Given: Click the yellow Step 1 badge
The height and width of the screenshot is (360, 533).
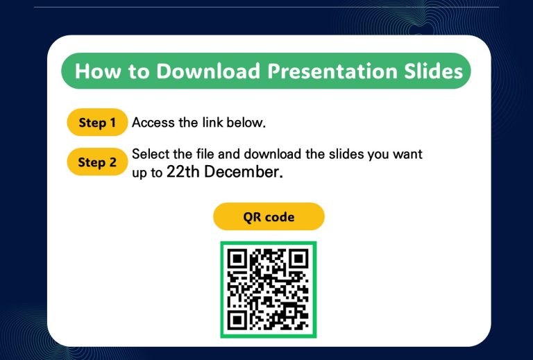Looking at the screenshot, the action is pyautogui.click(x=97, y=122).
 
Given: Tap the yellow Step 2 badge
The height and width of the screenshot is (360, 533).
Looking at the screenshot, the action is pyautogui.click(x=97, y=162).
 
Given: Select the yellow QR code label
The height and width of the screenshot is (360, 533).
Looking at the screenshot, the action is pyautogui.click(x=269, y=216).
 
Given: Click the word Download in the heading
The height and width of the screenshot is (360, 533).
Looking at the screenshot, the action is pyautogui.click(x=208, y=71).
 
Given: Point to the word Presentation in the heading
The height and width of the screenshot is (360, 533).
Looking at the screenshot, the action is pyautogui.click(x=332, y=71).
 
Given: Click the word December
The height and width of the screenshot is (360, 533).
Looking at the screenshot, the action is pyautogui.click(x=243, y=172).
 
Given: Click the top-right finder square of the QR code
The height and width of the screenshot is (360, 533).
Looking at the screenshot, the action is pyautogui.click(x=299, y=259).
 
